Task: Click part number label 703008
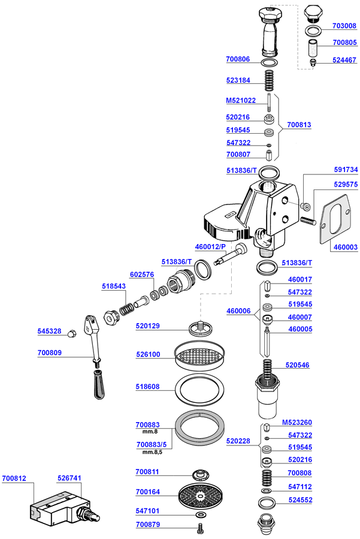pyautogui.click(x=344, y=26)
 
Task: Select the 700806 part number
pyautogui.click(x=238, y=59)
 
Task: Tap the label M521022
pyautogui.click(x=241, y=100)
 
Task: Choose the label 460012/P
pyautogui.click(x=211, y=246)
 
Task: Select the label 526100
pyautogui.click(x=147, y=354)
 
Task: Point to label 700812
pyautogui.click(x=14, y=478)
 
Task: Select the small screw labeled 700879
pyautogui.click(x=199, y=528)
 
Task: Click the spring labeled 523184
pyautogui.click(x=270, y=80)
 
